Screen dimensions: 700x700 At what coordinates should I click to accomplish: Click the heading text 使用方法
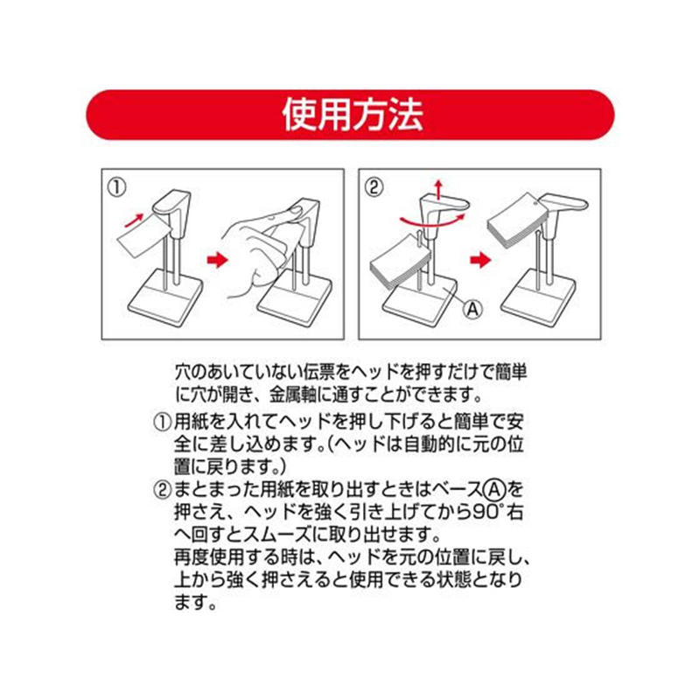point(350,115)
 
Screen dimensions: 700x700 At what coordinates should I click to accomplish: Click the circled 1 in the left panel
point(115,185)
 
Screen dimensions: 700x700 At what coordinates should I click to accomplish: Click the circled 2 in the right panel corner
point(374,185)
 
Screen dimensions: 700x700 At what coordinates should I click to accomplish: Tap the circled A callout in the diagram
point(471,309)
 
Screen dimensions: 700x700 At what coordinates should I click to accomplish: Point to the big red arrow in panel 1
point(215,260)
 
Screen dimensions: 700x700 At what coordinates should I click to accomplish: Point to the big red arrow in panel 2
point(478,260)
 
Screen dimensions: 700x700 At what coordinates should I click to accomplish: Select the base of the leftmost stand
point(166,298)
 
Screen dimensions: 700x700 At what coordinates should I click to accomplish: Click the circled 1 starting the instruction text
point(162,421)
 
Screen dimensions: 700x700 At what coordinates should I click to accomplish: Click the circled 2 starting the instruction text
point(162,488)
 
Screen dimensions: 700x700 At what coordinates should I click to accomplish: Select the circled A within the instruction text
point(497,488)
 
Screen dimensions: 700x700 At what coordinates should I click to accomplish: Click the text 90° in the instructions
point(492,511)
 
